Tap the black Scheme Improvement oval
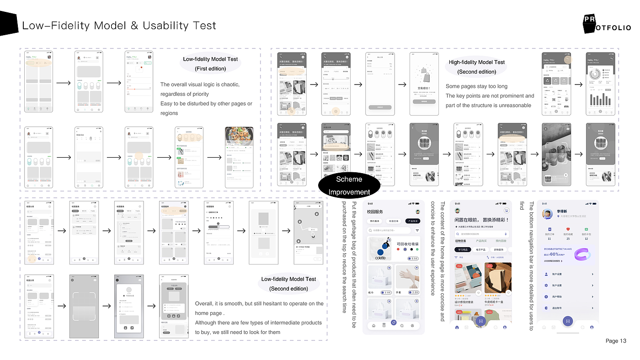[x=349, y=185]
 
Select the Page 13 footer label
[x=616, y=341]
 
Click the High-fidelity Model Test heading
[x=476, y=62]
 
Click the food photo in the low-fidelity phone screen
[x=239, y=135]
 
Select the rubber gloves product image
[x=407, y=276]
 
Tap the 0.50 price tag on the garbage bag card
[x=413, y=259]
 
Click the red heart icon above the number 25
[x=568, y=229]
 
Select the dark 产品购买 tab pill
[x=412, y=221]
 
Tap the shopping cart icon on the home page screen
[x=506, y=211]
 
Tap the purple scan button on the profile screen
[x=568, y=321]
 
